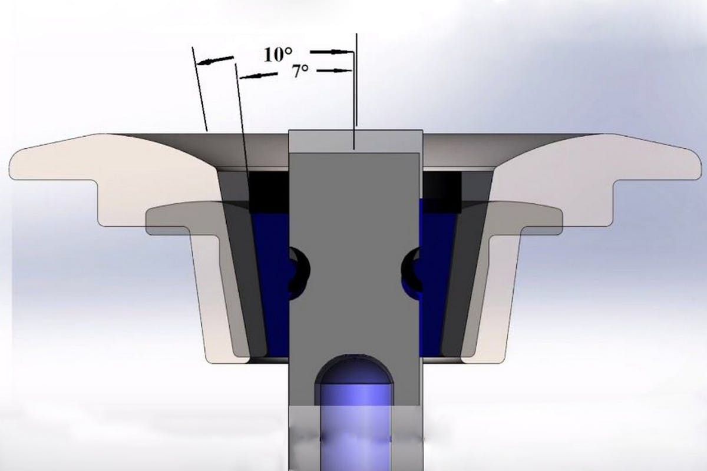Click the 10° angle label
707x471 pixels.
277,55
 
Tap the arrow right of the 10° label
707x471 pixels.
331,51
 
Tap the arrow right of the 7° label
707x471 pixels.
334,71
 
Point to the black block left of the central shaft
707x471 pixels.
269,192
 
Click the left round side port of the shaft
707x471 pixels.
299,273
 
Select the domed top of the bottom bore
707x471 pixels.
355,369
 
